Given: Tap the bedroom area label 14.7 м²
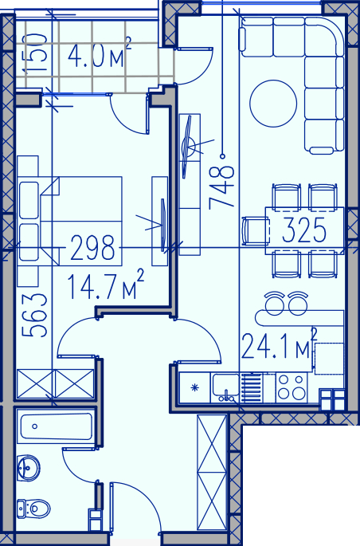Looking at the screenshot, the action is pyautogui.click(x=105, y=285).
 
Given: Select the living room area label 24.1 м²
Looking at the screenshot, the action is pyautogui.click(x=280, y=344).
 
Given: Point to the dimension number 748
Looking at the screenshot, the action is pyautogui.click(x=221, y=188).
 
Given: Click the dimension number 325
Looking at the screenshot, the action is pyautogui.click(x=304, y=230).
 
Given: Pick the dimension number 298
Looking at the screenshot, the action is pyautogui.click(x=92, y=248).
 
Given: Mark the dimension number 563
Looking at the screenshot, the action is pyautogui.click(x=34, y=316).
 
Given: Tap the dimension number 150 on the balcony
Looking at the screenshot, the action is pyautogui.click(x=34, y=53).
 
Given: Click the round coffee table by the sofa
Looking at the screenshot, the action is pyautogui.click(x=273, y=104).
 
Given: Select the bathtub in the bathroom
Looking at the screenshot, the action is pyautogui.click(x=56, y=426).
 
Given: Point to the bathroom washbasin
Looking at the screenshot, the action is pyautogui.click(x=28, y=469).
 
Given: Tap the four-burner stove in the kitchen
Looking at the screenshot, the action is pyautogui.click(x=292, y=387).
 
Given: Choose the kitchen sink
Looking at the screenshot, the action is pyautogui.click(x=225, y=387).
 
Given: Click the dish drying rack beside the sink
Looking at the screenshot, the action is pyautogui.click(x=251, y=387).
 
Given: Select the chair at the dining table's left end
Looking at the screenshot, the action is pyautogui.click(x=256, y=230).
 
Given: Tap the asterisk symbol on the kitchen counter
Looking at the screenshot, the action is pyautogui.click(x=194, y=387).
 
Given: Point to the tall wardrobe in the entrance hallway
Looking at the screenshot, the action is pyautogui.click(x=212, y=472).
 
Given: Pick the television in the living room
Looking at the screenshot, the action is pyautogui.click(x=188, y=146).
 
